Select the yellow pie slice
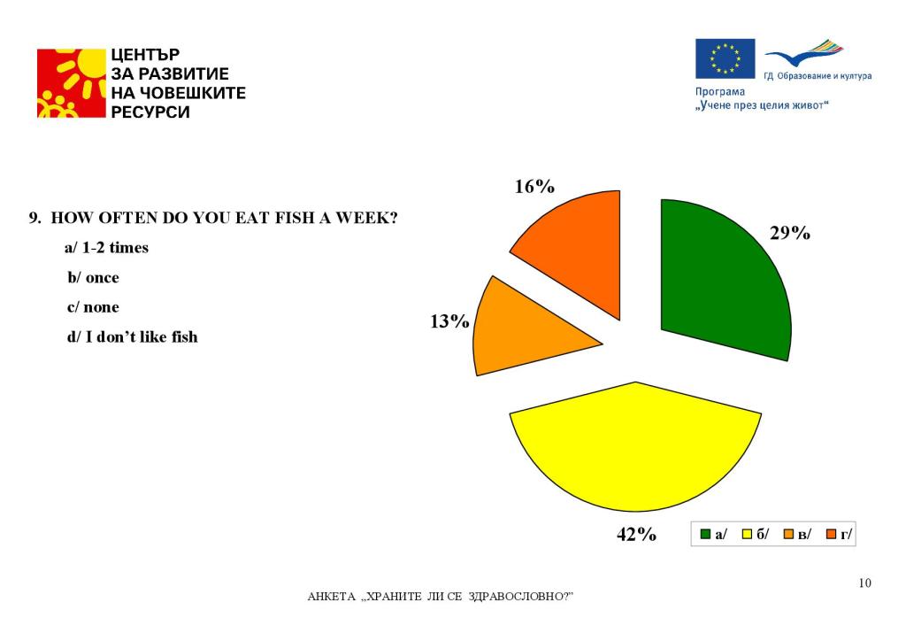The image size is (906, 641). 635,447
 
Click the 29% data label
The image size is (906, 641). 789,234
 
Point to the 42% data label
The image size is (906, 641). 636,534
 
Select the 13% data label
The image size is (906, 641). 449,321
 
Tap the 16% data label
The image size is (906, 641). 534,187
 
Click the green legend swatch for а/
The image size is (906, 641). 706,534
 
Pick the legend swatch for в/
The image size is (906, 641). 788,534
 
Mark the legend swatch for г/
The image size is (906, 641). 831,534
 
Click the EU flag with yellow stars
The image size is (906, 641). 725,58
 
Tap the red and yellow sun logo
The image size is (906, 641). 71,83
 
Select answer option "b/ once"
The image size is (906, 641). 94,277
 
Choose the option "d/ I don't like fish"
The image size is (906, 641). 133,336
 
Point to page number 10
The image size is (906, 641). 864,583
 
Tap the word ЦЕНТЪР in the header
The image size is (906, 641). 146,55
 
